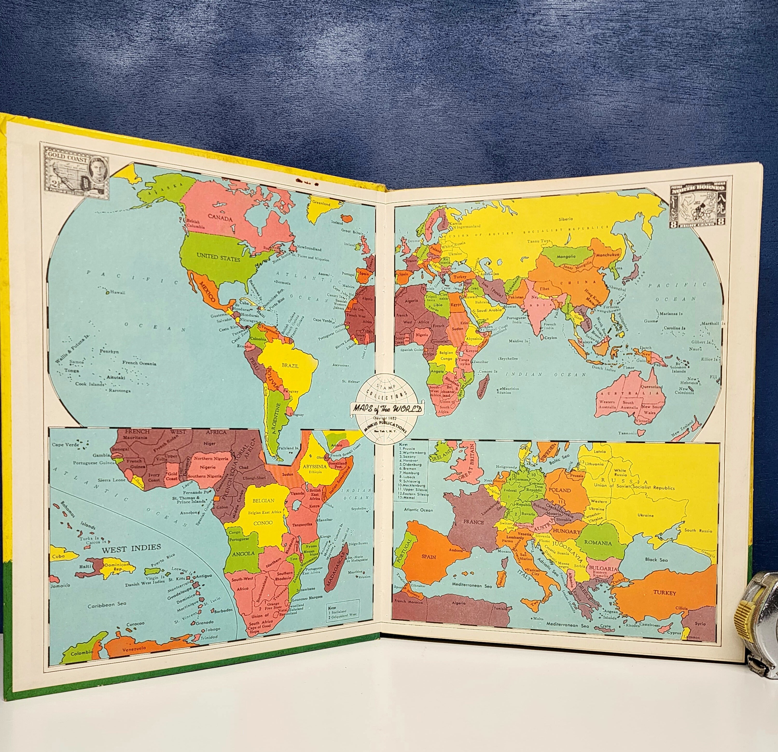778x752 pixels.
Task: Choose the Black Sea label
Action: coord(656,560)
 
